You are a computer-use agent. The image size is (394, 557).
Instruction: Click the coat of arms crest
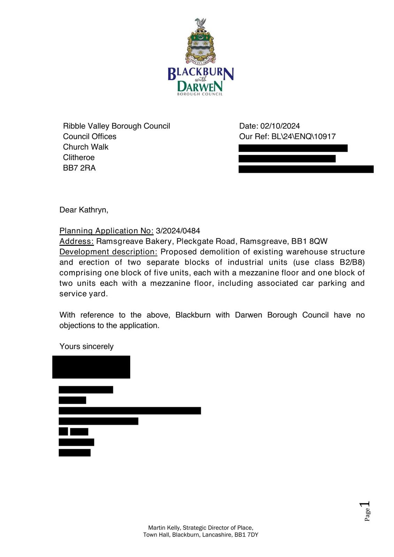coord(200,42)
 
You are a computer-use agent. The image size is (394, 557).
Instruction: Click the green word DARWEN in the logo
coord(200,86)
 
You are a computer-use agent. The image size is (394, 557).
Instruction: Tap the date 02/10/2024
coord(280,126)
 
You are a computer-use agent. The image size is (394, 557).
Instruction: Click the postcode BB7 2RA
coord(79,168)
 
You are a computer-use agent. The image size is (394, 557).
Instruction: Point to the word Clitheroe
coord(79,157)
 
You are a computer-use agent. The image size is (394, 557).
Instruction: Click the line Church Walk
coord(86,147)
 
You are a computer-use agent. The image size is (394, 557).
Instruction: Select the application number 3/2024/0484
coord(178,231)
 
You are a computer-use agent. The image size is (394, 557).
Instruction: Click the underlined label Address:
coord(77,241)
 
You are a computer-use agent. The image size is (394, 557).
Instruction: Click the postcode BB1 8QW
coord(309,241)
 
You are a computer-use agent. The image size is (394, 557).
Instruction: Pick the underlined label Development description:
coord(108,252)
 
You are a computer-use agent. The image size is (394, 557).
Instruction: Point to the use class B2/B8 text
coord(352,262)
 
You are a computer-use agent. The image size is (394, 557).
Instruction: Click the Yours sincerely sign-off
coord(86,346)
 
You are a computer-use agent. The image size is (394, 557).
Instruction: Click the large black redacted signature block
coord(91,367)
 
